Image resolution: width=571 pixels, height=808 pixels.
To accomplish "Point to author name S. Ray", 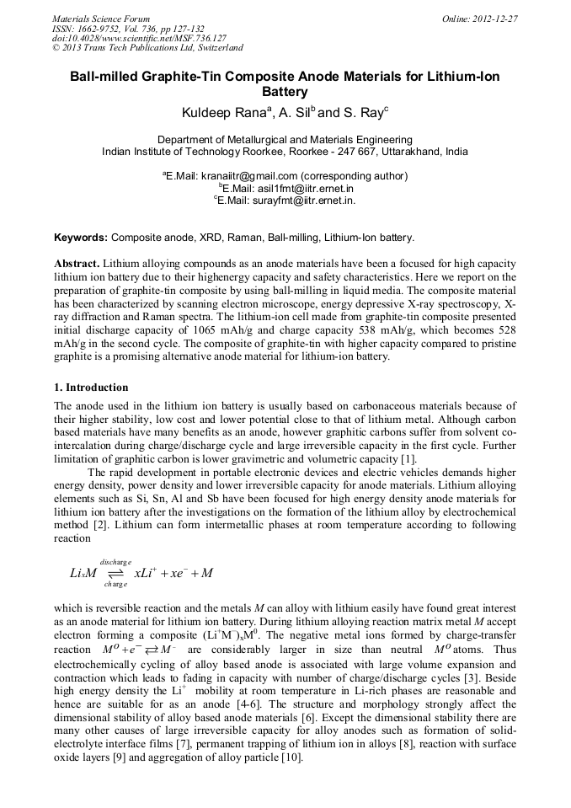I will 361,113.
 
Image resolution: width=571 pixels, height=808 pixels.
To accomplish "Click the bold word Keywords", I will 81,238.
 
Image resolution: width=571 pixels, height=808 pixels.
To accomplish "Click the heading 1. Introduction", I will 91,388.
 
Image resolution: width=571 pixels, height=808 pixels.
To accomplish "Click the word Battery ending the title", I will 285,92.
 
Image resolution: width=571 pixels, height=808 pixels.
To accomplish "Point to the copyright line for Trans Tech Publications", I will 147,48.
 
